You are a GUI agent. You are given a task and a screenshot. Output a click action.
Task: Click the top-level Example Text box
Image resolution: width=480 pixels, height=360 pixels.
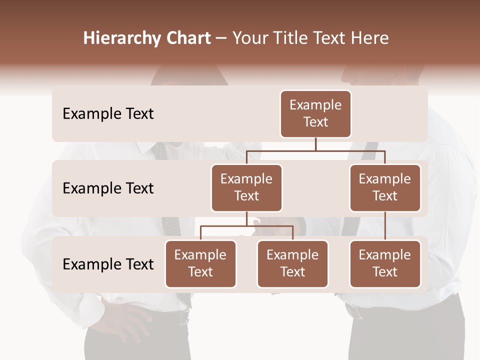point(315,113)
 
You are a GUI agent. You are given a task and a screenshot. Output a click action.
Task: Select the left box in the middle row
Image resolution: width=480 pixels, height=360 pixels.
point(246,187)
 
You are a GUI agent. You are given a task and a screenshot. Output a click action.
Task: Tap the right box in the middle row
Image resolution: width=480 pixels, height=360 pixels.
point(385,187)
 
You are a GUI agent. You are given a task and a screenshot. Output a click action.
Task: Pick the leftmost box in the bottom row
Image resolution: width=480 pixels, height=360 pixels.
point(200,263)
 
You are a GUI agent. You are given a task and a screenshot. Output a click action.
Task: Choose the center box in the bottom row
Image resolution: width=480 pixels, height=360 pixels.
point(292,263)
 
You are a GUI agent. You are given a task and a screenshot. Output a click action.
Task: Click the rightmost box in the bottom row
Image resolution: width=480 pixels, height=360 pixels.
point(385,263)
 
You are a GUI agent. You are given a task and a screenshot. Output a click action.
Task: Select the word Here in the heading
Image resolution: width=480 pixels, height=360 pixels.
point(370,38)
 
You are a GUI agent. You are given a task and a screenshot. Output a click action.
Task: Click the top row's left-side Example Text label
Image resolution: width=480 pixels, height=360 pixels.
point(108,114)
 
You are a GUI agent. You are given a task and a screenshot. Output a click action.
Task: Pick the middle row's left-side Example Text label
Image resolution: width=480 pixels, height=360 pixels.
point(108,188)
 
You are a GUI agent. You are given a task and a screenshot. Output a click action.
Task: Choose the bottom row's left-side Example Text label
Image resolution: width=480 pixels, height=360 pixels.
point(108,264)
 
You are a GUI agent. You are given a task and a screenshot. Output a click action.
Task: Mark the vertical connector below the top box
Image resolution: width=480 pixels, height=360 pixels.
point(315,144)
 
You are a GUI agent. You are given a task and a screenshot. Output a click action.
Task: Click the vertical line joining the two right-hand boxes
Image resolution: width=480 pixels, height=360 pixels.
point(385,225)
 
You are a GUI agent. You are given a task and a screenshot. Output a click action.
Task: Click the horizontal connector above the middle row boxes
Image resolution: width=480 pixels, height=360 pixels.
point(315,150)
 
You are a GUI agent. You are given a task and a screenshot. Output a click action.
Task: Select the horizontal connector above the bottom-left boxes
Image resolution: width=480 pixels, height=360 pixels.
point(246,226)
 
